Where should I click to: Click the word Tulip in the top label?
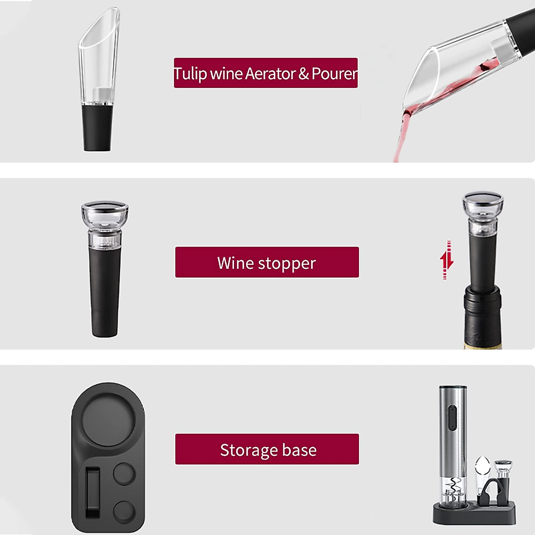pyautogui.click(x=190, y=74)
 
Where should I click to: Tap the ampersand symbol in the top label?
pyautogui.click(x=304, y=74)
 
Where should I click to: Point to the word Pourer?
pyautogui.click(x=334, y=74)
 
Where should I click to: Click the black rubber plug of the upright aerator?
pyautogui.click(x=97, y=127)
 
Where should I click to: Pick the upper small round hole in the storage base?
pyautogui.click(x=124, y=473)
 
